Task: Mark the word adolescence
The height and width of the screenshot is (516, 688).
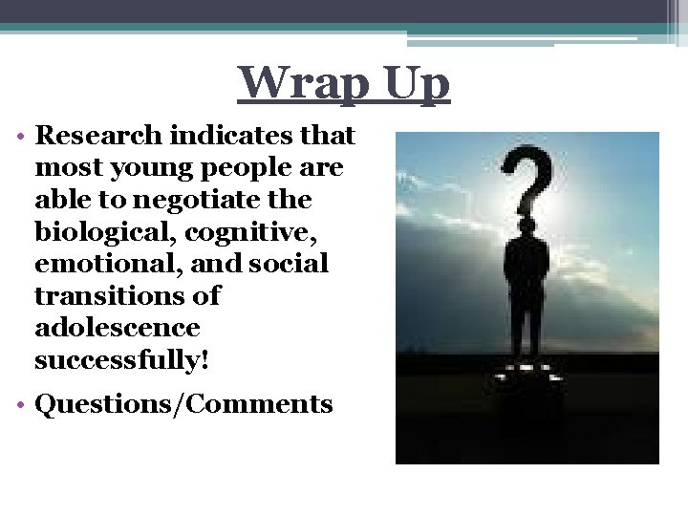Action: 117,328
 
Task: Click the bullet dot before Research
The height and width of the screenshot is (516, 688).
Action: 21,136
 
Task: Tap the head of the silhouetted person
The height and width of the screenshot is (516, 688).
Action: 527,229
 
